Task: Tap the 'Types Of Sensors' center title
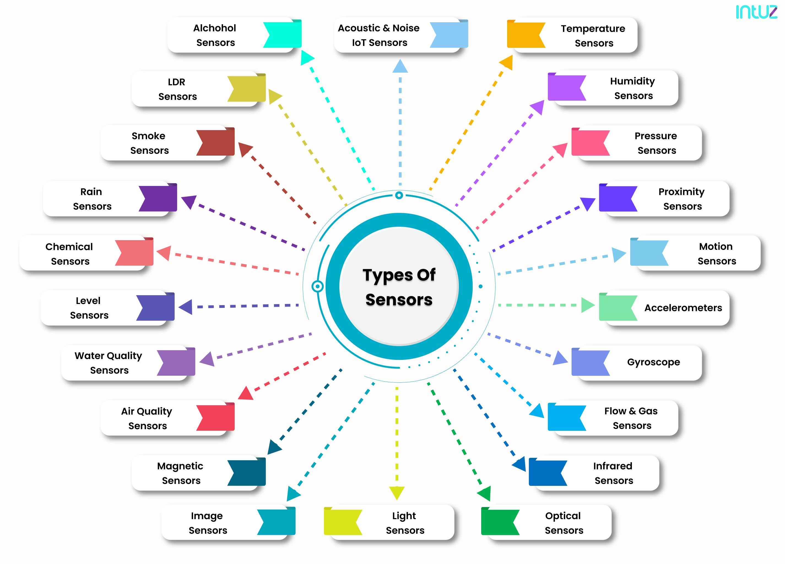coord(399,287)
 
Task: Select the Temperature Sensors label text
coord(593,35)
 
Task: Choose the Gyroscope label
coord(653,362)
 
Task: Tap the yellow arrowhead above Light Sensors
coord(397,492)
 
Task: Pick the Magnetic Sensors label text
coord(180,473)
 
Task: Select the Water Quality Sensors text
coord(108,363)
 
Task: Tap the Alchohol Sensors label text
coord(215,35)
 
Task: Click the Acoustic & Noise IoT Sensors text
coord(379,35)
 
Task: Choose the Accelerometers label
coord(683,308)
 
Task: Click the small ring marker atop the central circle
coord(399,195)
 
